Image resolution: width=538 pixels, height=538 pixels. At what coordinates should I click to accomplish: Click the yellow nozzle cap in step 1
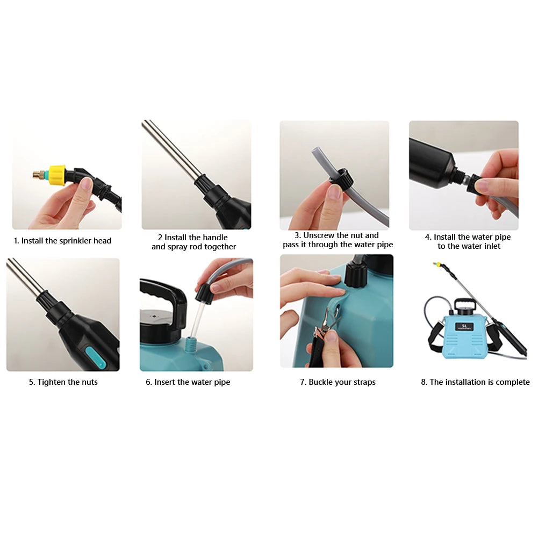(x=57, y=175)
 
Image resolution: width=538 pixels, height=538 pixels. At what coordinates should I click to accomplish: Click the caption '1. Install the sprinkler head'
(x=62, y=241)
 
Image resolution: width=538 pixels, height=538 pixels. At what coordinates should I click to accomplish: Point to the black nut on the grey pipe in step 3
(x=341, y=178)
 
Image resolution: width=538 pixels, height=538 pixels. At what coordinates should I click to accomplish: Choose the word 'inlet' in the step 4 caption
(x=491, y=246)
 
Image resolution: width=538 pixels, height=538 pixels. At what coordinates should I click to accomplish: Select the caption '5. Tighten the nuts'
(x=63, y=382)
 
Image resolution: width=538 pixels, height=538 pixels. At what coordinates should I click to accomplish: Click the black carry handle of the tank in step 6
(x=164, y=299)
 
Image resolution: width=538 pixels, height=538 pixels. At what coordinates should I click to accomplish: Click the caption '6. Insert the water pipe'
(x=188, y=382)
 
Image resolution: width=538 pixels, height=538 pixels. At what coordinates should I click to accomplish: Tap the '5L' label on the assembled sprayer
(x=464, y=326)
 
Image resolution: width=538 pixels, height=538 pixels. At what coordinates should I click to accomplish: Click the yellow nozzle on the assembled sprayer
(x=437, y=265)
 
